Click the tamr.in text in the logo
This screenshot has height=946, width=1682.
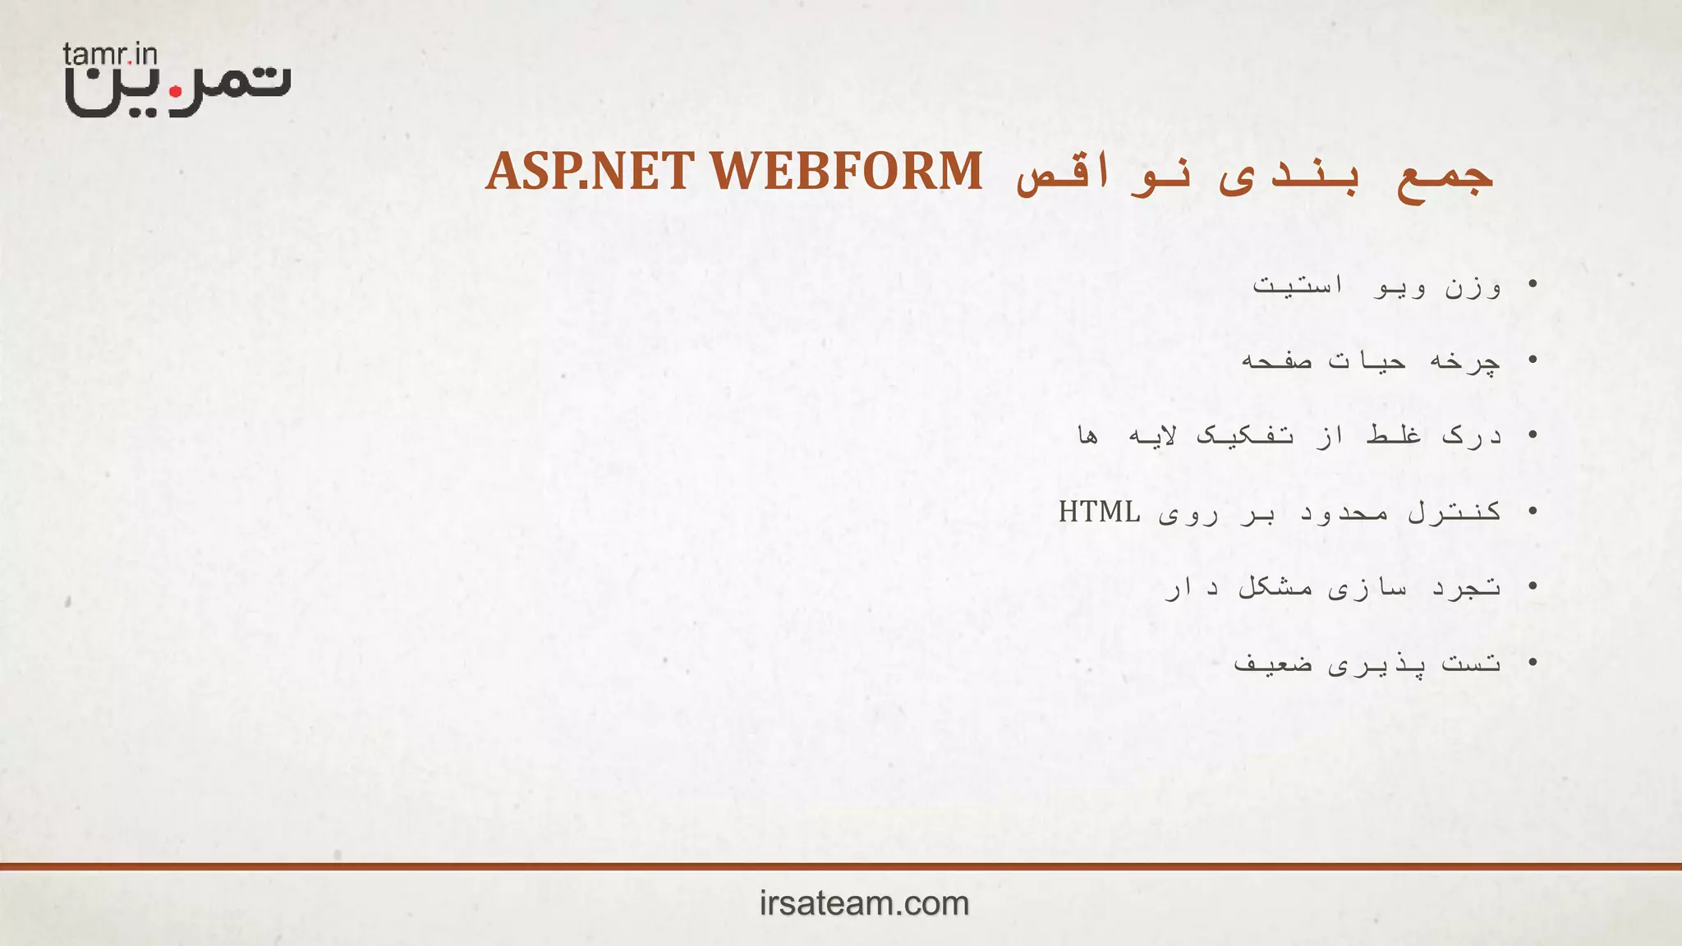coord(110,55)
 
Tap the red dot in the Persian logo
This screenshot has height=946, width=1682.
coord(175,92)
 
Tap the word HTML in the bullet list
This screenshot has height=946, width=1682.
coord(1099,512)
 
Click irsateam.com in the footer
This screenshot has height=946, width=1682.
coord(864,903)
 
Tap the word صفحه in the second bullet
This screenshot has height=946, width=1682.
coord(1275,361)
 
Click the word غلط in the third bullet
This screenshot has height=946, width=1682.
coord(1394,434)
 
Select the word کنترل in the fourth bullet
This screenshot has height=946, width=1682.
coord(1455,512)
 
